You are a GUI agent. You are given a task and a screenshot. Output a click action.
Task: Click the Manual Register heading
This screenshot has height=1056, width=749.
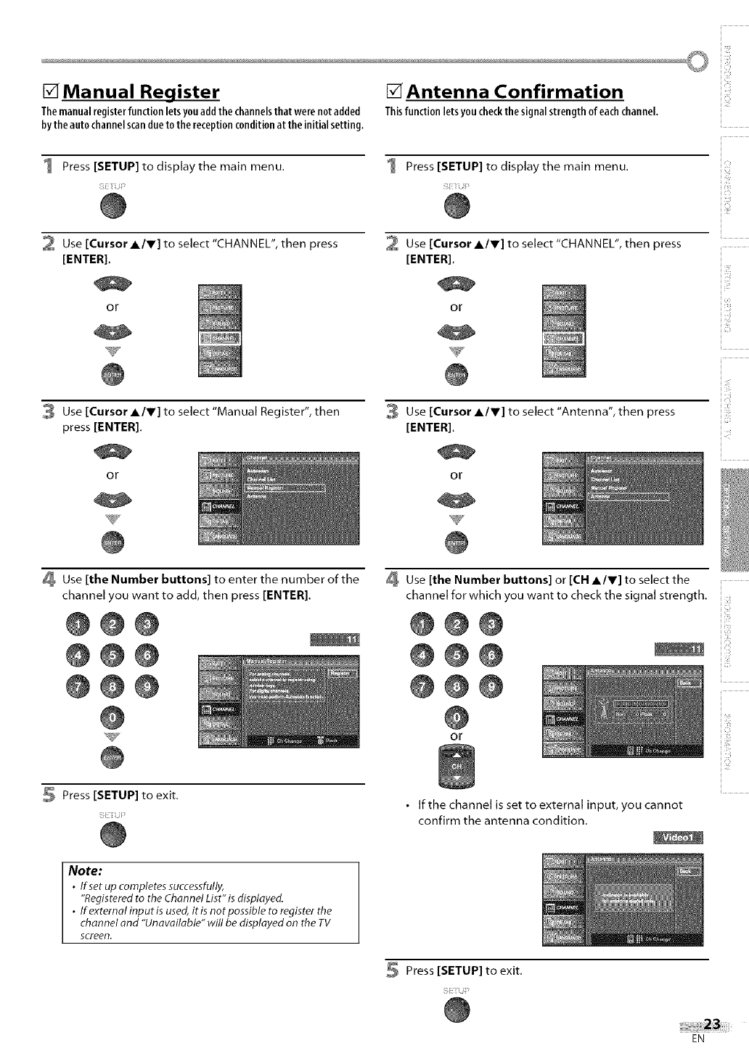[141, 92]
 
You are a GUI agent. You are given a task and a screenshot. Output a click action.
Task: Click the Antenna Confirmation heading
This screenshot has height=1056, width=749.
[514, 92]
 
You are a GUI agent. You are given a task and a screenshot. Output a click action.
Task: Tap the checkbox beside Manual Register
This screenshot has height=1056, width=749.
[51, 92]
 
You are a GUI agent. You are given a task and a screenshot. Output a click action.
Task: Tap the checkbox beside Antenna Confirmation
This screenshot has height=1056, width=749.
[395, 92]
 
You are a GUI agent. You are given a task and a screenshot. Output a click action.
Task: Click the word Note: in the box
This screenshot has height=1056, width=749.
[86, 870]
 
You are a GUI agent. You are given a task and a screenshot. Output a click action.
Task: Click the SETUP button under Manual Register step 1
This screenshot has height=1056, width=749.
[112, 208]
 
